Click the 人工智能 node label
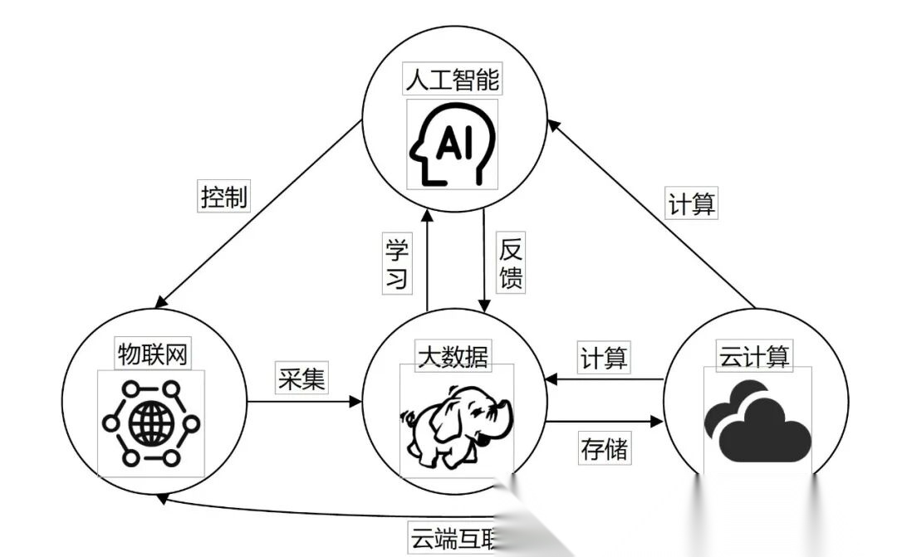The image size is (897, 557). [x=452, y=81]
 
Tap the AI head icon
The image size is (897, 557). [x=452, y=144]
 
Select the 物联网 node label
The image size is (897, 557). [x=152, y=354]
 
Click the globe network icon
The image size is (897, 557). [x=151, y=423]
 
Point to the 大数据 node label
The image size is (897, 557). [x=453, y=356]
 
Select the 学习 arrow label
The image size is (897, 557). [x=397, y=263]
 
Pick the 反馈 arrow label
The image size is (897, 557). [x=511, y=263]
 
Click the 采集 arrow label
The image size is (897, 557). [x=301, y=379]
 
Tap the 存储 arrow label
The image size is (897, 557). [x=604, y=449]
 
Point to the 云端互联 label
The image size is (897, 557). [x=453, y=538]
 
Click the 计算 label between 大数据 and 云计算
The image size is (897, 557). [x=604, y=359]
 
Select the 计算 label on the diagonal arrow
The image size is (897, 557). [x=692, y=203]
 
